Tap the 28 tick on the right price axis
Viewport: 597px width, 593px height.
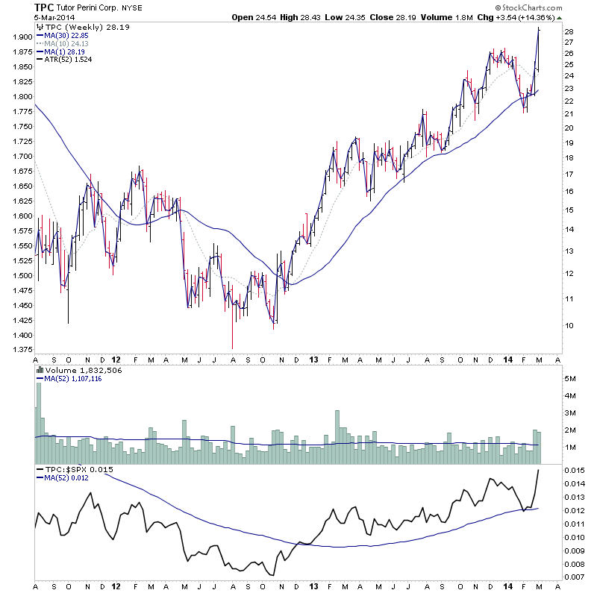tap(569, 31)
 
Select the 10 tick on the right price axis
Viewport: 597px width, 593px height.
tap(569, 326)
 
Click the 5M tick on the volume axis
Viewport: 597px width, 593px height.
tap(570, 380)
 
